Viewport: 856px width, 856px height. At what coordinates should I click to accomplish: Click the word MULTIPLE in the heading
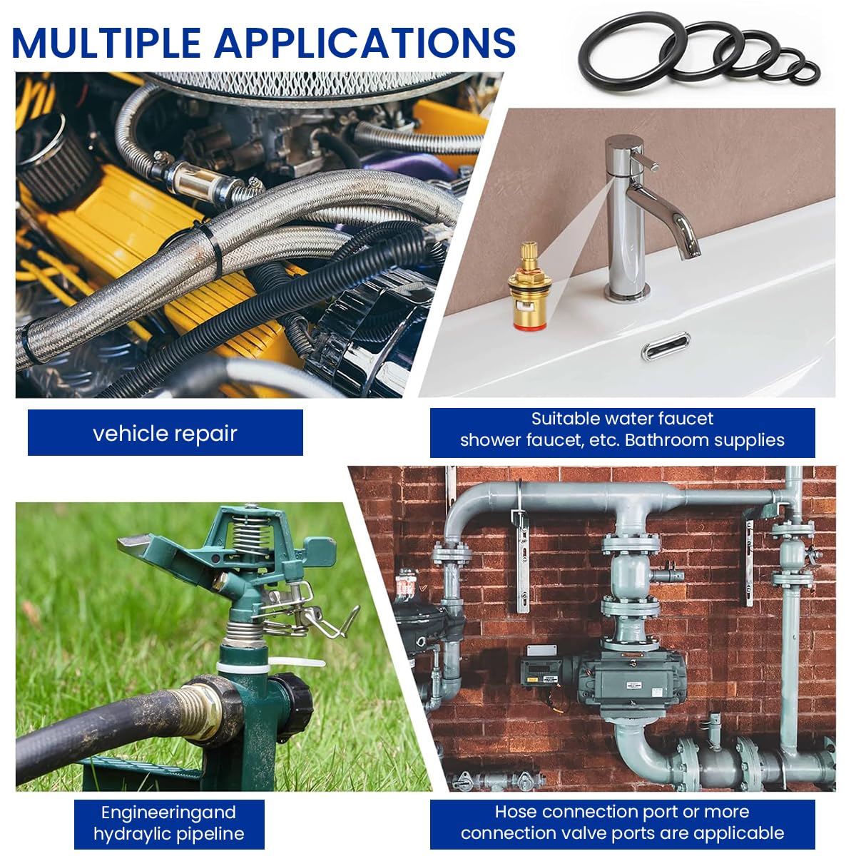click(106, 43)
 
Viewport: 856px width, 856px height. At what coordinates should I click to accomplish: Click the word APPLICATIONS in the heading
click(365, 43)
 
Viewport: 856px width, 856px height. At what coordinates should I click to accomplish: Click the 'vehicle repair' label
click(165, 433)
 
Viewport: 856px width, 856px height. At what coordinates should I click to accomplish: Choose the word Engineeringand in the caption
click(168, 812)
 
